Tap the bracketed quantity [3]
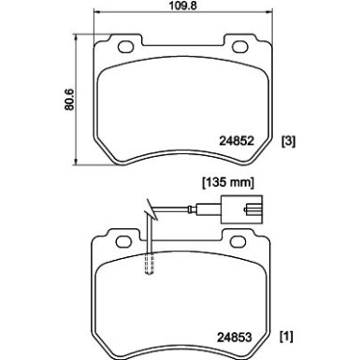(x=289, y=140)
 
